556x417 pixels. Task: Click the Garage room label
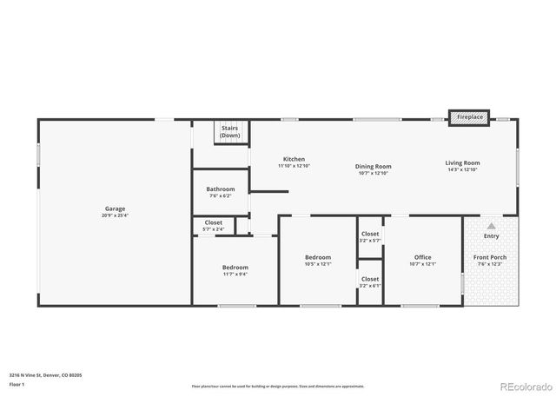tap(115, 208)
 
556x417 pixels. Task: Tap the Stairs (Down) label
tap(230, 132)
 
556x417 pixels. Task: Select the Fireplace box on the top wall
tap(470, 116)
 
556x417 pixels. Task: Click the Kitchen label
tap(294, 159)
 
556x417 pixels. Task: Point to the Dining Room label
tap(373, 166)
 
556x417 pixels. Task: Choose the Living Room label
tap(462, 162)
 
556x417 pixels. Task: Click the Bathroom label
tap(221, 189)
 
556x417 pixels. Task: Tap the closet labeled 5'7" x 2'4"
tap(214, 226)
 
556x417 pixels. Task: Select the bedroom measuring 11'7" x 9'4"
tap(235, 270)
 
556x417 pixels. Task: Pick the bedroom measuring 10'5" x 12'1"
tap(318, 260)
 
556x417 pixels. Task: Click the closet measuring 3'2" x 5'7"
tap(370, 236)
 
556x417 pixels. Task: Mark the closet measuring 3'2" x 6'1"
tap(370, 281)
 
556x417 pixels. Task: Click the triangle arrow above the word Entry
tap(491, 225)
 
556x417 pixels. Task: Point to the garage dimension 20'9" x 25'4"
tap(115, 215)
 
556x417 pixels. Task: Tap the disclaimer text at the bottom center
tap(277, 386)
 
